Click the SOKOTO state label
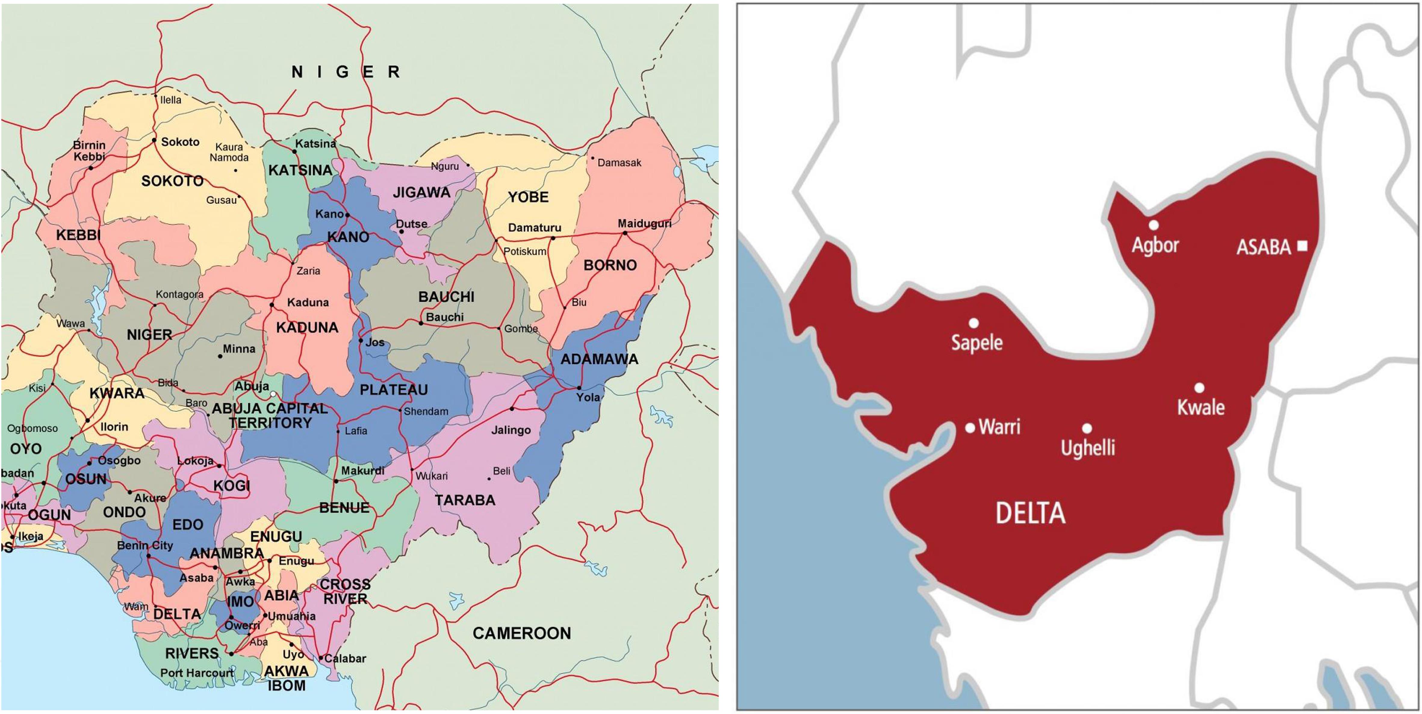click(172, 181)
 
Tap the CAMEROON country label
click(522, 633)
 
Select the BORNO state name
click(610, 265)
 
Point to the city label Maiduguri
click(644, 224)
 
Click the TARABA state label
click(465, 500)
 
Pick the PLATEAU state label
click(394, 390)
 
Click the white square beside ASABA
click(1302, 246)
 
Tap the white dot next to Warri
click(970, 427)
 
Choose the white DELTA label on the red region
click(1030, 514)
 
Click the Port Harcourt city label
click(197, 673)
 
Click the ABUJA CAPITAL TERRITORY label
click(270, 416)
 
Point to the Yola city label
click(588, 397)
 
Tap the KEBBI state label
click(78, 235)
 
